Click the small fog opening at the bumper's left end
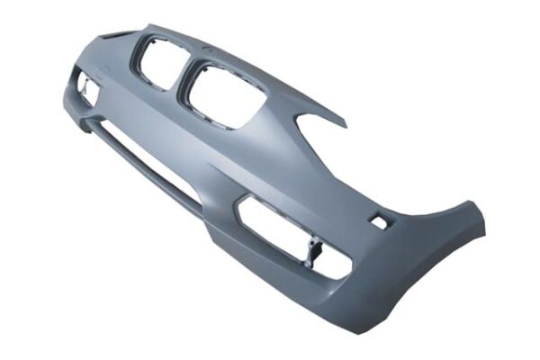tap(88, 88)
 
